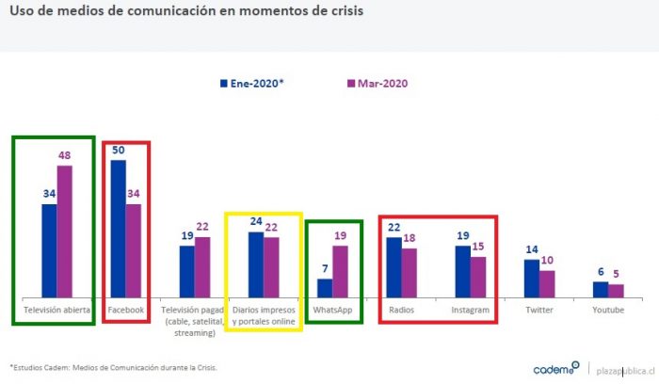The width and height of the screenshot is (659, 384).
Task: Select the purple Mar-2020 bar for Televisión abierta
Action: [x=64, y=231]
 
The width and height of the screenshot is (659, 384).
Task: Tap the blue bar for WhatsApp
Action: [x=324, y=287]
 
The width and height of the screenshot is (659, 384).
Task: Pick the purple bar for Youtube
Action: [x=616, y=290]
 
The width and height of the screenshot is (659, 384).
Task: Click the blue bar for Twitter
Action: [x=532, y=278]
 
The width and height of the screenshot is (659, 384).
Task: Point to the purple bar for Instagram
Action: [x=478, y=276]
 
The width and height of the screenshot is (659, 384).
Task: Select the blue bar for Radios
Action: [x=394, y=266]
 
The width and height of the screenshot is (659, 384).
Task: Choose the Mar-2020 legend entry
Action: [x=377, y=83]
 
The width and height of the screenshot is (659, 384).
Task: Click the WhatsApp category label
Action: [x=331, y=308]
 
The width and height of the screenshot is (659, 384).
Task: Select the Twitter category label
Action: [x=538, y=308]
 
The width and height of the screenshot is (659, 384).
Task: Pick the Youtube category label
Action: [x=607, y=308]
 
